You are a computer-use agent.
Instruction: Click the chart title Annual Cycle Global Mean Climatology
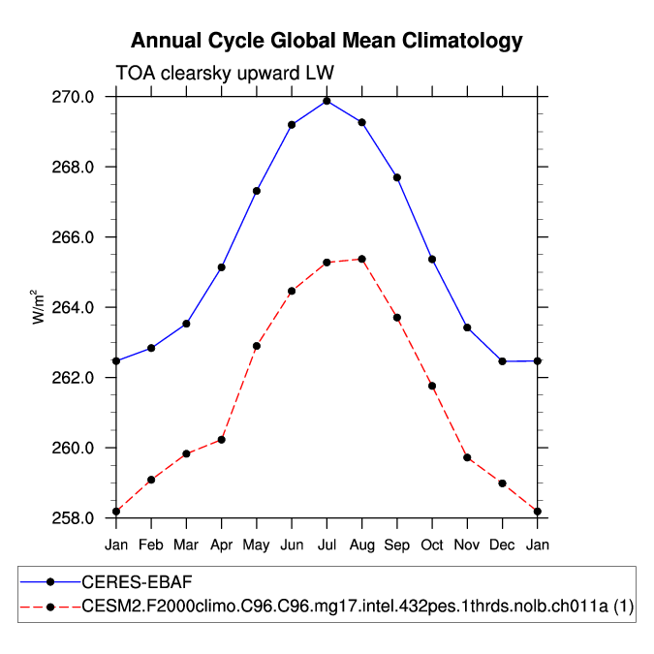click(327, 41)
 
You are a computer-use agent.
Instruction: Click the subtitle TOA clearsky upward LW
click(225, 74)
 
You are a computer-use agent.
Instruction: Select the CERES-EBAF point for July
click(327, 101)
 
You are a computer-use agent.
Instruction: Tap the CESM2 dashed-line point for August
click(361, 259)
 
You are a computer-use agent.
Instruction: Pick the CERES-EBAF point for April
click(222, 267)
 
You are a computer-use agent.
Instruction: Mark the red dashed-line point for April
click(222, 440)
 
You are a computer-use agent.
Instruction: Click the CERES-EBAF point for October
click(432, 259)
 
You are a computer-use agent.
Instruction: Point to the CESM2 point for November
click(467, 457)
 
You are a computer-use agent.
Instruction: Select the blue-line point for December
click(502, 361)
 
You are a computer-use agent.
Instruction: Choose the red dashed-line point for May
click(257, 346)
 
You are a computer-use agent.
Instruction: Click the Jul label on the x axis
click(327, 545)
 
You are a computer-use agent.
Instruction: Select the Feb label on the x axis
click(151, 545)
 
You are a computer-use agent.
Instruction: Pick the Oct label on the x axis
click(432, 545)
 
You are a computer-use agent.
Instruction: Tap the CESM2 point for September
click(397, 318)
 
